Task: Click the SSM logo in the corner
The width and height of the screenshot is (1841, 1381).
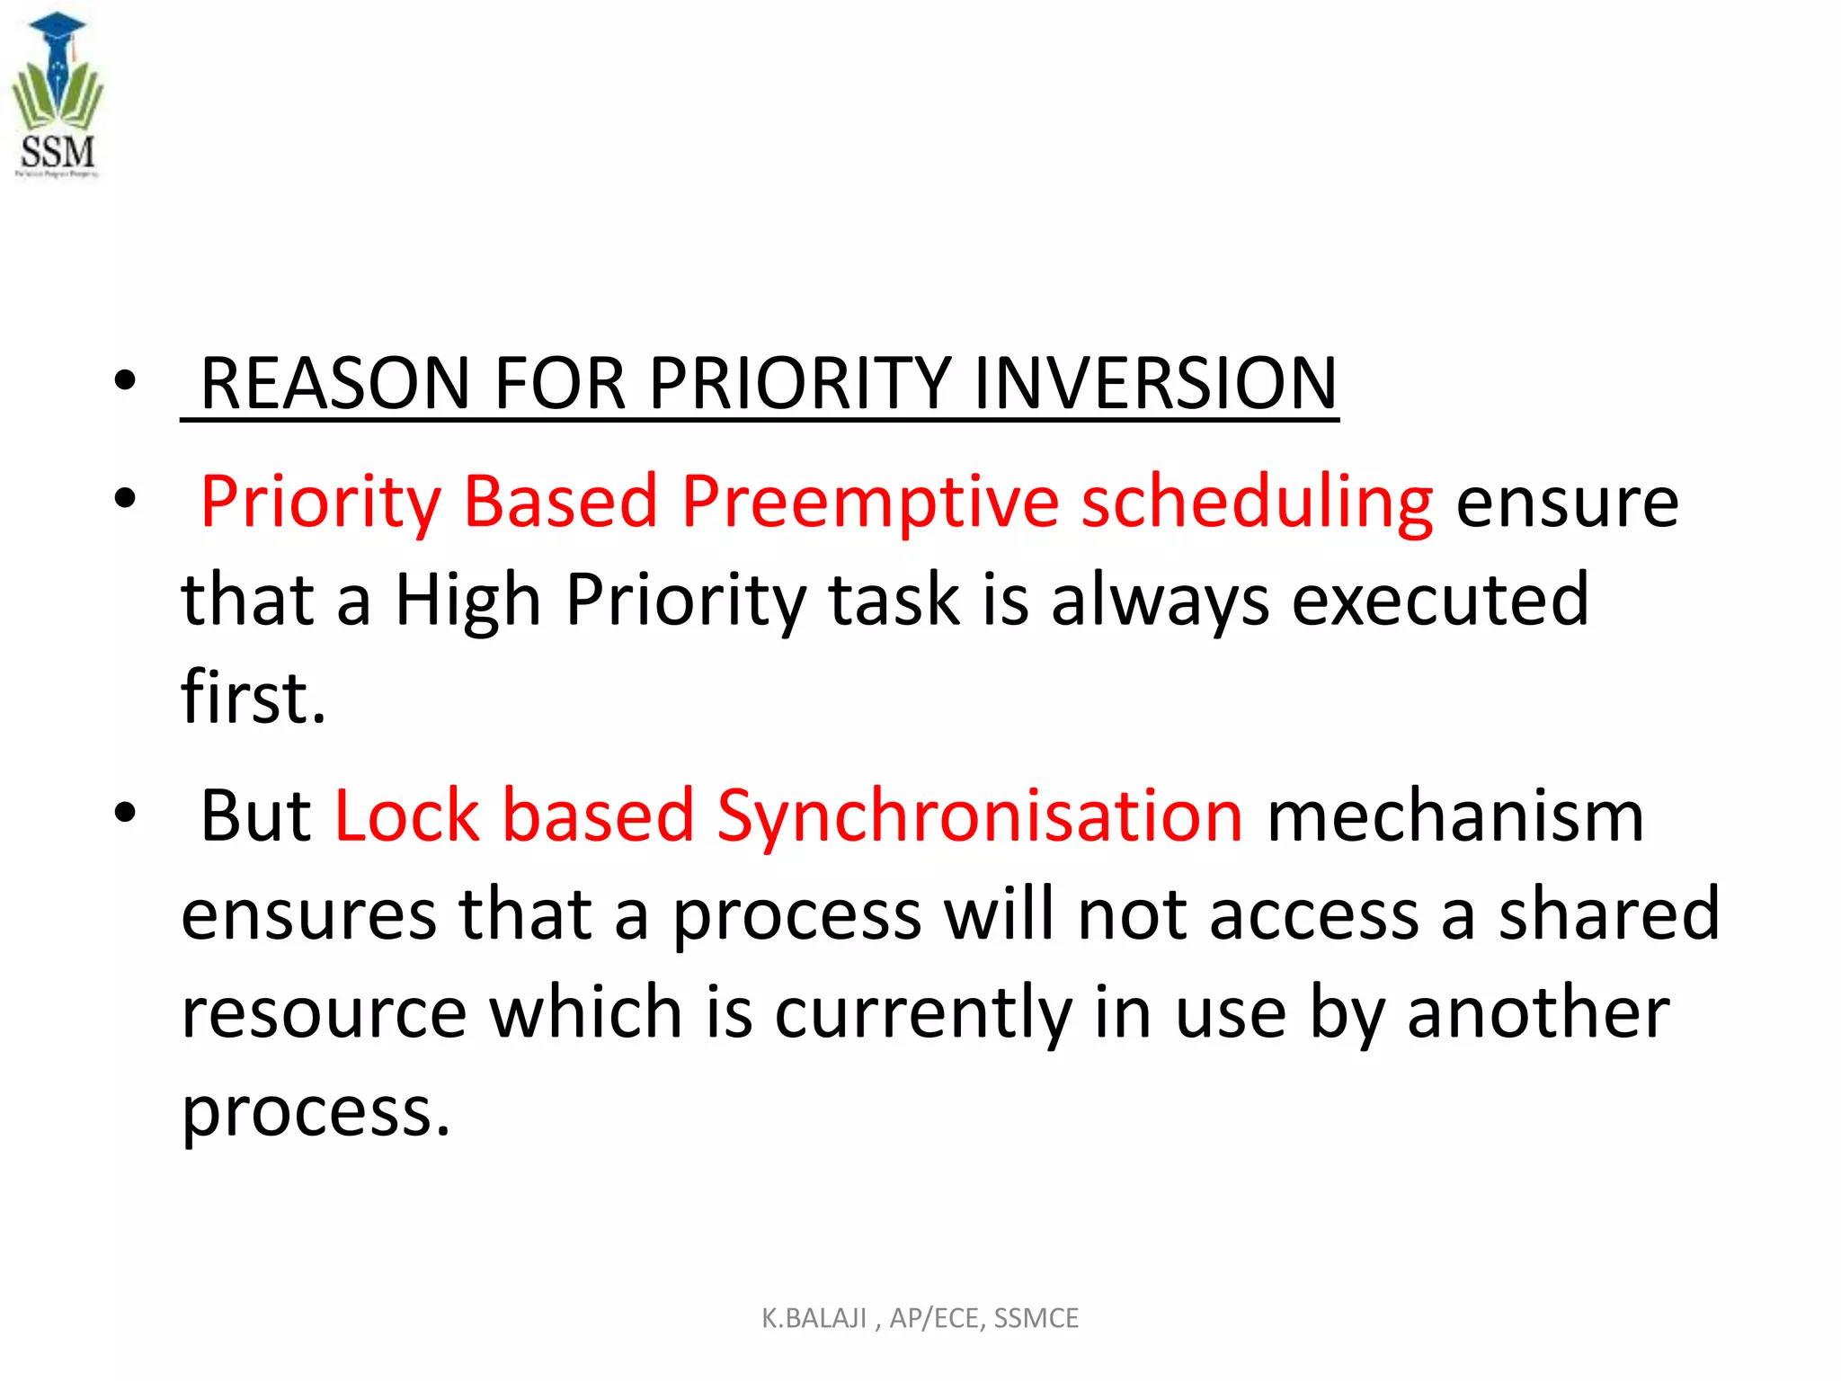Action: click(57, 95)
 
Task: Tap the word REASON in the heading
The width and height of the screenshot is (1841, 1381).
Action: click(334, 384)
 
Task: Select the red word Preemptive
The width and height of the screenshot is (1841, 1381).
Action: click(869, 502)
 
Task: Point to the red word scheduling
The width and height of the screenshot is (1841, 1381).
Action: click(1257, 502)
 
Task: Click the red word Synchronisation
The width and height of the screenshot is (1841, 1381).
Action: click(980, 815)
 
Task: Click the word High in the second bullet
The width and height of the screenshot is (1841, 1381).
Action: click(467, 600)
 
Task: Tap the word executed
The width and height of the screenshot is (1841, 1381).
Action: click(1440, 600)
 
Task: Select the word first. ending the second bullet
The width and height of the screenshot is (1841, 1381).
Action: click(253, 697)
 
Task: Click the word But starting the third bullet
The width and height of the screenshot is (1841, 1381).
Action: click(255, 815)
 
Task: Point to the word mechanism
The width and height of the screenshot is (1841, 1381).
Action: click(1455, 815)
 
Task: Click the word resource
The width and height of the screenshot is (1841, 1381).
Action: click(324, 1012)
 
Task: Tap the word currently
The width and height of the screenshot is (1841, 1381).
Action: click(923, 1012)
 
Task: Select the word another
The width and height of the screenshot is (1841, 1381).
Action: click(1538, 1012)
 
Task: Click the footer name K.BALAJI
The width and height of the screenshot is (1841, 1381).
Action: click(814, 1318)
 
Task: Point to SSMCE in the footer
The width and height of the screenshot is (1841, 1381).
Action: click(1036, 1318)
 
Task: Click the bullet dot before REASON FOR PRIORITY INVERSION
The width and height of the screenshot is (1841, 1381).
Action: click(125, 380)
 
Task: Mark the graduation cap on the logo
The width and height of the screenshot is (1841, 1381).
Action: click(57, 24)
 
